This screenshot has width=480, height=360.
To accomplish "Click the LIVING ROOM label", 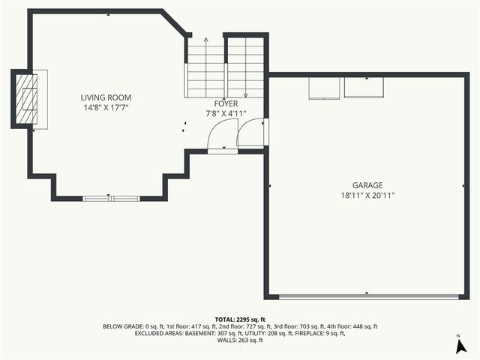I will (x=106, y=97).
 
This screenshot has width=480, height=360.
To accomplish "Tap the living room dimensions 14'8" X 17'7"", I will (x=106, y=107).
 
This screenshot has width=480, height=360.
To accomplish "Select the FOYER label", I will (x=226, y=103).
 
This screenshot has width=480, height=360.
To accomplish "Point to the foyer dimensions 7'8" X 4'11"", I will (x=226, y=114).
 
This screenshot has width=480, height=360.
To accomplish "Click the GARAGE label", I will (x=367, y=185).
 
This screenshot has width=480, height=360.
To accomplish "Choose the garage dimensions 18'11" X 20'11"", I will (x=367, y=195).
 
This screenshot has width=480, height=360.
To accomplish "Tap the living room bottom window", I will (x=111, y=198).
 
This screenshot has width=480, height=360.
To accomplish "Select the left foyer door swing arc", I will (x=222, y=135).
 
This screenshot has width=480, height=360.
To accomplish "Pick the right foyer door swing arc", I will (x=250, y=133).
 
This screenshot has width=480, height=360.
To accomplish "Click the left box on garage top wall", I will (x=325, y=87).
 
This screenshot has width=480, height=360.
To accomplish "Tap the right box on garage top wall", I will (x=363, y=87).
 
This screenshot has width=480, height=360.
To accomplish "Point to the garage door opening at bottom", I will (x=367, y=296).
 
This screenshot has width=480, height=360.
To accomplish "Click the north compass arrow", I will (x=458, y=346).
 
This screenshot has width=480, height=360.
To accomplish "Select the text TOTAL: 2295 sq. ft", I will (x=240, y=319).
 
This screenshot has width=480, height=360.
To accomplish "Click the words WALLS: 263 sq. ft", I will (x=240, y=340).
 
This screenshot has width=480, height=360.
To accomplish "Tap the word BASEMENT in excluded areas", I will (x=201, y=333).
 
